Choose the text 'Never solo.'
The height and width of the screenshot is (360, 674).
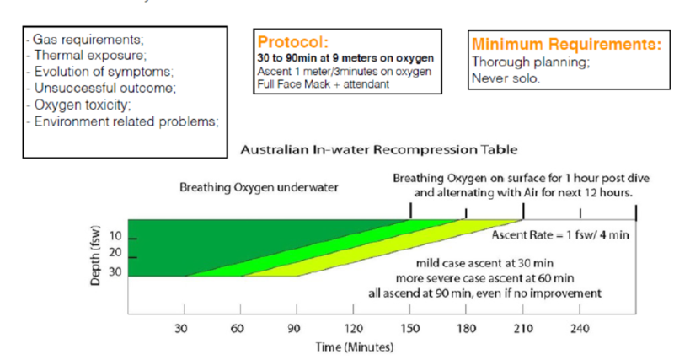pos(506,78)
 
